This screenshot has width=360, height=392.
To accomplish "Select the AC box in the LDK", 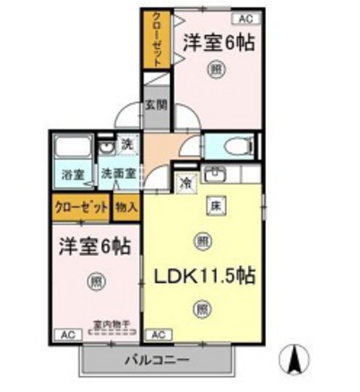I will point(158,334).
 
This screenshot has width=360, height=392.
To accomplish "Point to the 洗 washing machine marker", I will point(127,146).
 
